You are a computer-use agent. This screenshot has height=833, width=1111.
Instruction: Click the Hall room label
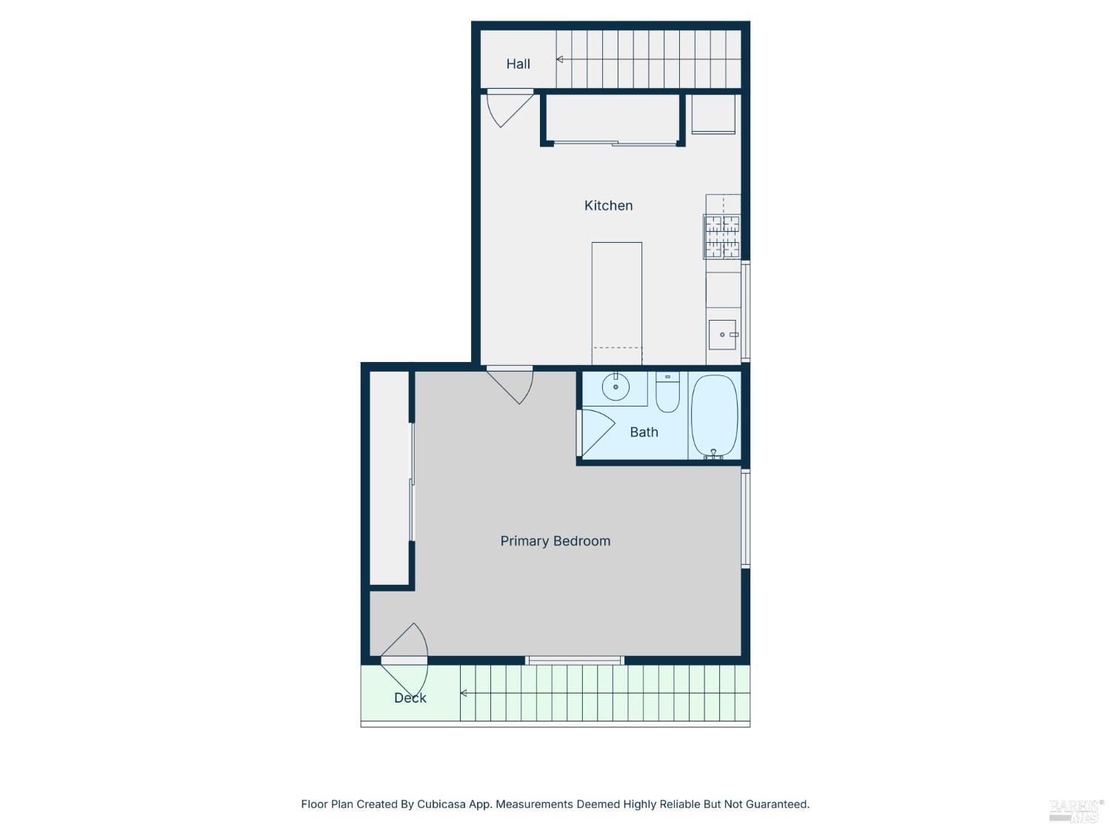(518, 64)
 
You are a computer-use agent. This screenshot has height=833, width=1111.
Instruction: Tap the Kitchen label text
(608, 205)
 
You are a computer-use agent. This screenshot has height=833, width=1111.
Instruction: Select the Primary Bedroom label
(555, 541)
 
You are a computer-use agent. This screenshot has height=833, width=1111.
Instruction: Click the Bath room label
(644, 432)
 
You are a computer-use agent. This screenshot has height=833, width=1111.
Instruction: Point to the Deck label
(410, 698)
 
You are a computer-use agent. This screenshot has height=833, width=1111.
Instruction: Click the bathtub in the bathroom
(714, 416)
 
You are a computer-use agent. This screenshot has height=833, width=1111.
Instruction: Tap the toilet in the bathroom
(667, 392)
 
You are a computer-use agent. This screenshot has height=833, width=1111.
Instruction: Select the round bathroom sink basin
(615, 387)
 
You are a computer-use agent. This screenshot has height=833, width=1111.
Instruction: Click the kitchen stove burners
(722, 237)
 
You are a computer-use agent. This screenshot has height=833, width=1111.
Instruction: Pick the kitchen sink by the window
(722, 335)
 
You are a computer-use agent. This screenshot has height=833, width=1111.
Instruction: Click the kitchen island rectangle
(617, 303)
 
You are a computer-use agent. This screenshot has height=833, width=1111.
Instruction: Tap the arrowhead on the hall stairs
(559, 59)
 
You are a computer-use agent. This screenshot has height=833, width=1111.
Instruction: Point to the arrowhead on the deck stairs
(463, 693)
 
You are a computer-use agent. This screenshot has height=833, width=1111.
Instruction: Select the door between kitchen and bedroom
(510, 385)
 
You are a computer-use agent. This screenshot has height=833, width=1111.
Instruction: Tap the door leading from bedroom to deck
(404, 660)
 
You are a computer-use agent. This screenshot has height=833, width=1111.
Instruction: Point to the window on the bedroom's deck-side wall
(574, 660)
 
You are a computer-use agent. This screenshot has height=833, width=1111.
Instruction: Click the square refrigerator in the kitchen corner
(713, 114)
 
